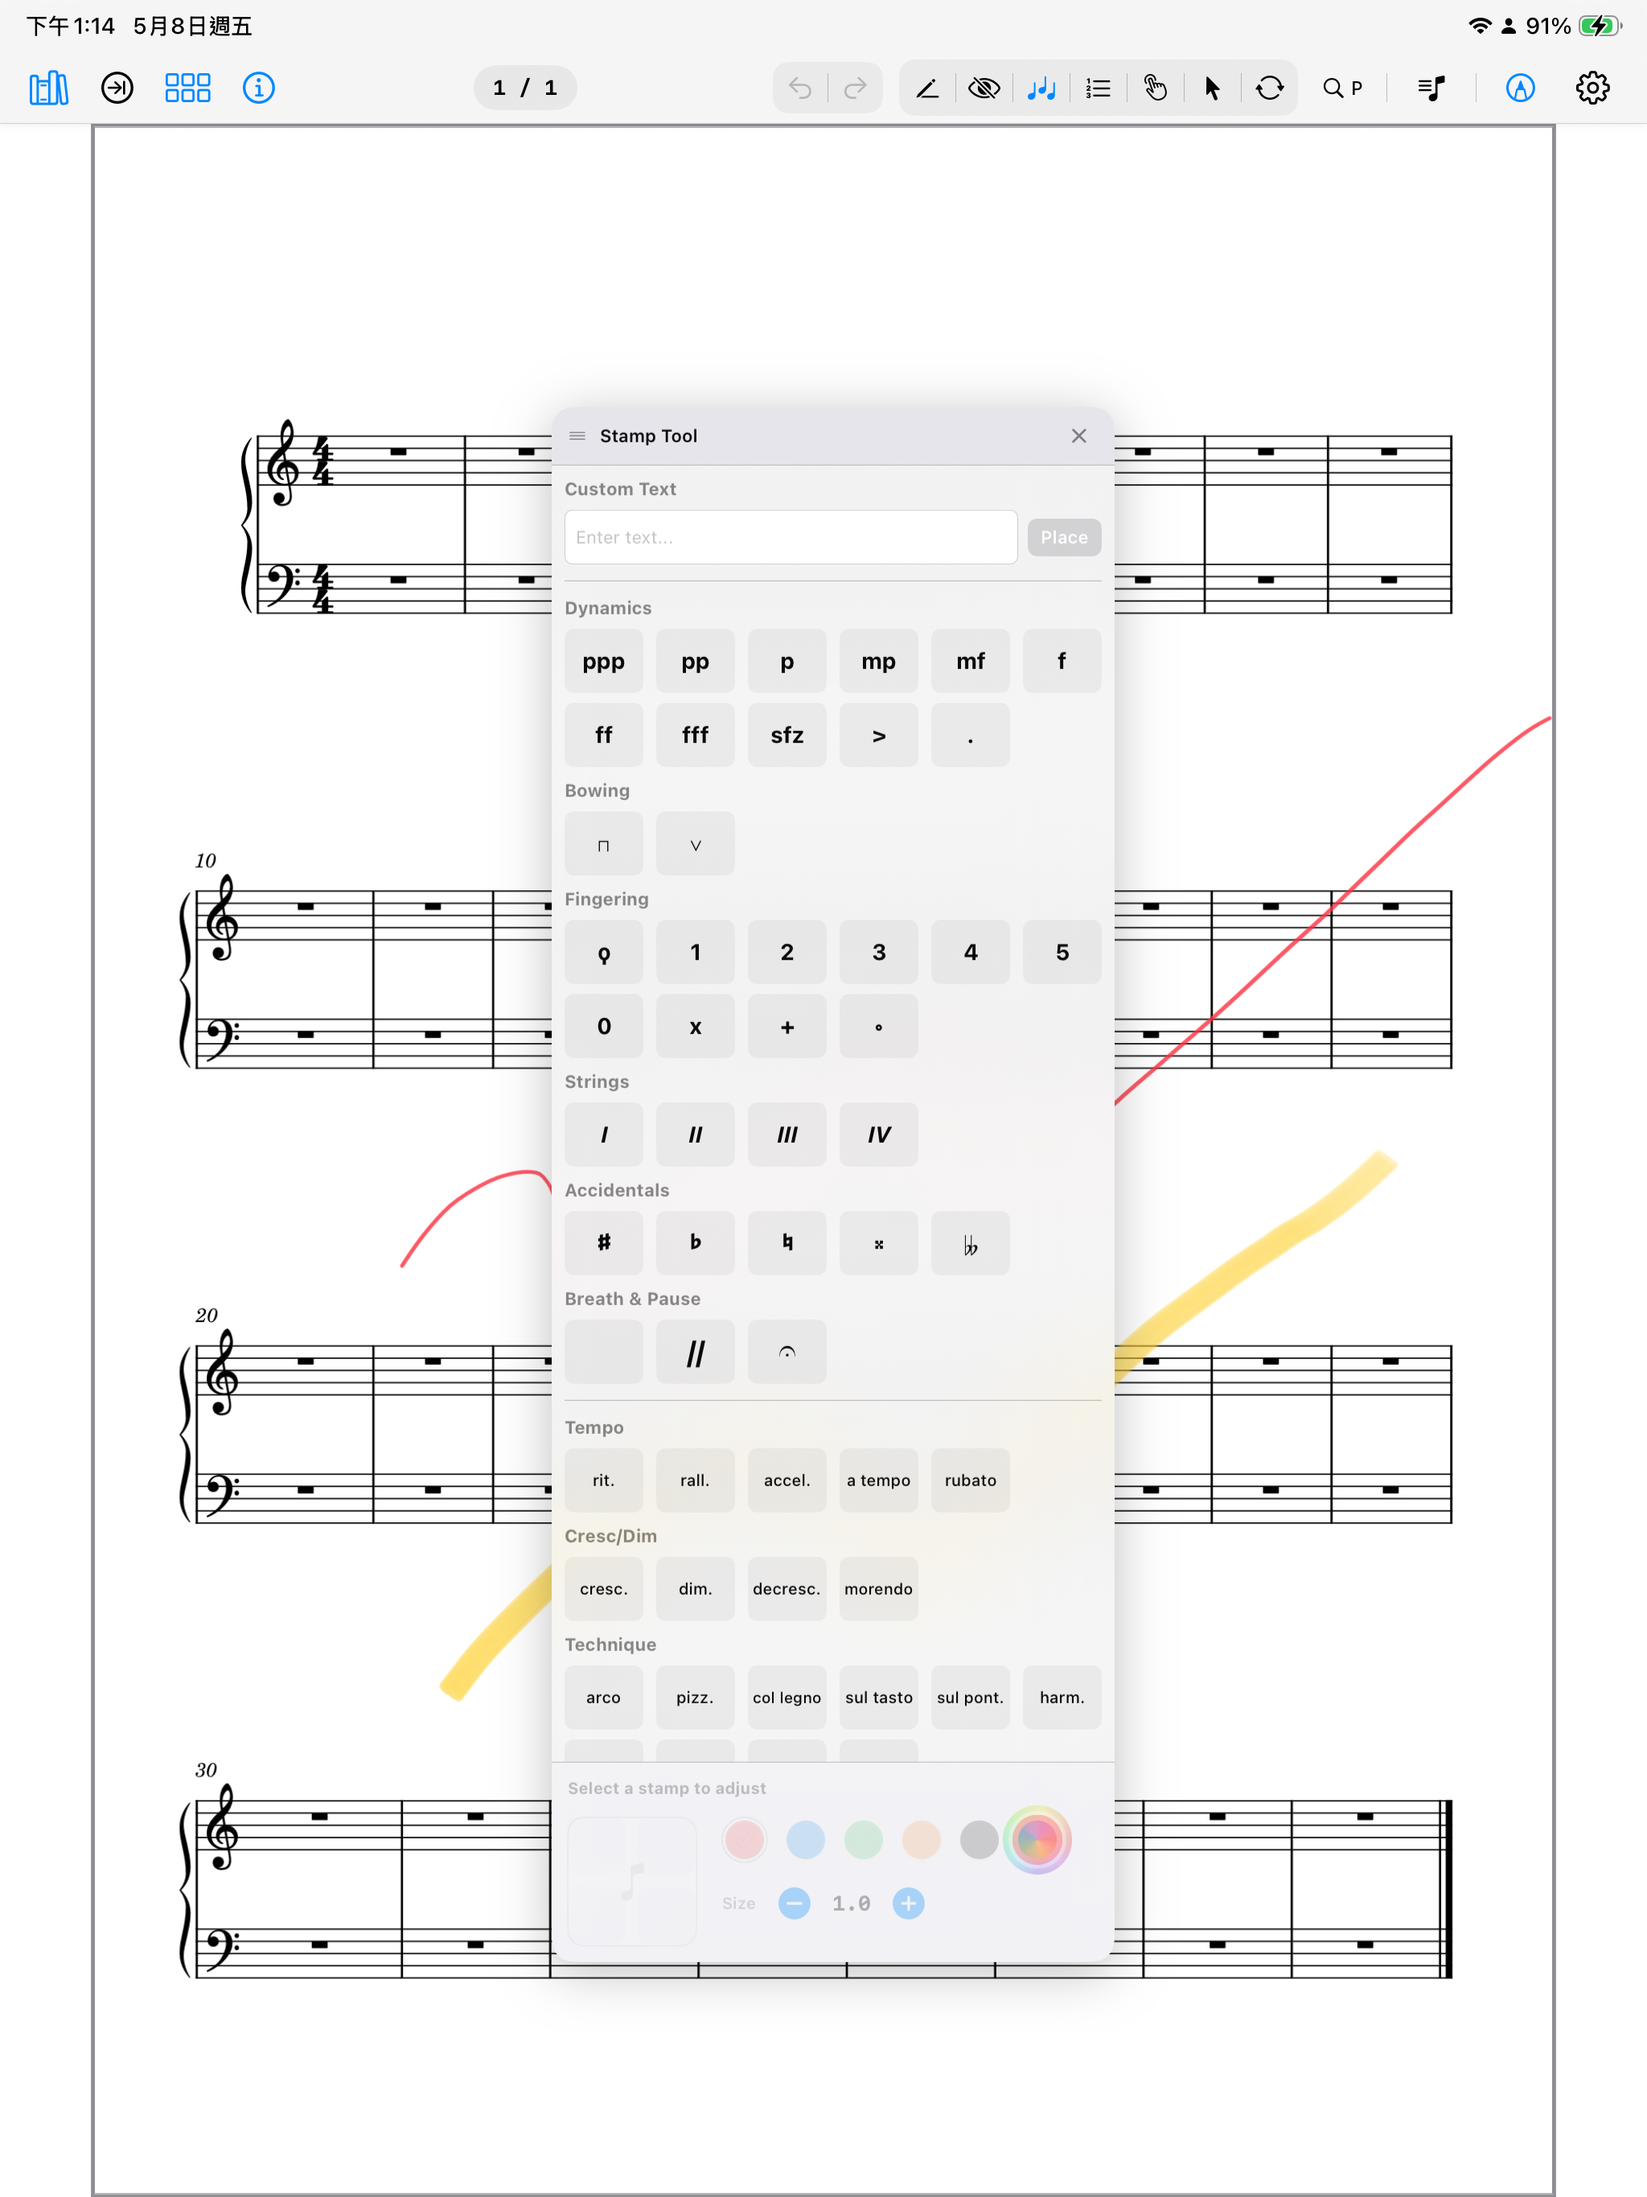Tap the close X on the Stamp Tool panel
(x=1078, y=436)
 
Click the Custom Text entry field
(x=791, y=537)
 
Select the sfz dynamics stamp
(x=787, y=735)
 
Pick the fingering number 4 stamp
(x=971, y=952)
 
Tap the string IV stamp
(x=879, y=1134)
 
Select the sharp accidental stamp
(x=604, y=1242)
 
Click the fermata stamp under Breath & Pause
(x=787, y=1352)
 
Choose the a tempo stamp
(x=879, y=1480)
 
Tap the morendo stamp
(x=879, y=1589)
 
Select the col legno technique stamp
(x=787, y=1698)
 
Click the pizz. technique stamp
(x=696, y=1698)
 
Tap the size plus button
(x=908, y=1903)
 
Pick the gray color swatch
(x=980, y=1839)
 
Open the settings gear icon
(x=1592, y=88)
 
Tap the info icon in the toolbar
(x=258, y=88)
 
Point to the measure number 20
(x=206, y=1315)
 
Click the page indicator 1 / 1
(x=525, y=88)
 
